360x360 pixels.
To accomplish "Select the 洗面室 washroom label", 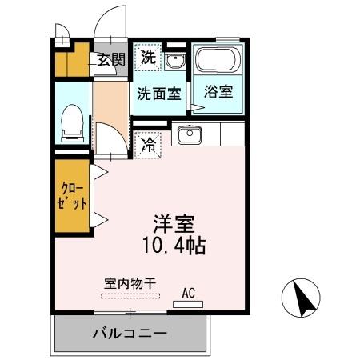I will tap(158, 93).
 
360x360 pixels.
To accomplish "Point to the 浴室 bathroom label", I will tap(217, 90).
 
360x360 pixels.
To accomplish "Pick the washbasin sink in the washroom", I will tap(176, 60).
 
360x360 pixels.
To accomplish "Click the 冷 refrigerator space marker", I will tap(148, 145).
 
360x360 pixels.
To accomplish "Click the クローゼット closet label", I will tap(73, 196).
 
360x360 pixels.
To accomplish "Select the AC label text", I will tap(189, 292).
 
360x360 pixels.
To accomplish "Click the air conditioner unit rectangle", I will tap(189, 305).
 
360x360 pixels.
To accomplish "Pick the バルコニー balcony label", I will tap(129, 333).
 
